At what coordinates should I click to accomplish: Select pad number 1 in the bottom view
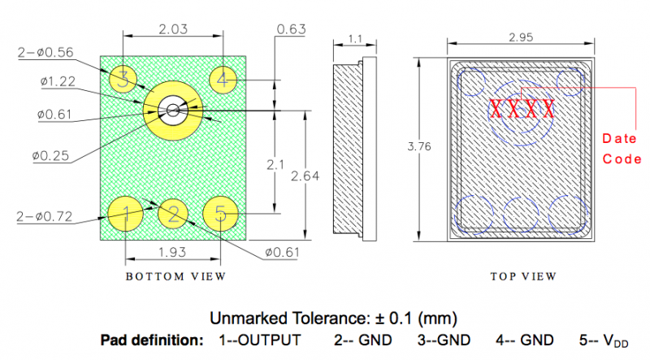(x=125, y=214)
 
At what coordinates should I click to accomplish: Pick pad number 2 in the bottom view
(x=173, y=215)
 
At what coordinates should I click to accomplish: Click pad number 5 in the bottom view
(x=220, y=214)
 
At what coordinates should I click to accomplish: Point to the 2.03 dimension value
(x=175, y=28)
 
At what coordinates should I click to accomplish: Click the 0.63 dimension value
(x=291, y=30)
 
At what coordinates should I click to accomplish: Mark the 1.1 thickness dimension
(x=355, y=38)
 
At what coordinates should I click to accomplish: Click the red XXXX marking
(x=522, y=109)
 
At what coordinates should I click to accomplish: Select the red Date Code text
(x=621, y=150)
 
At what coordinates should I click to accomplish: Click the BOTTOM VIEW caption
(x=175, y=276)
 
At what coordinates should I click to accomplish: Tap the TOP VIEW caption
(x=523, y=276)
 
